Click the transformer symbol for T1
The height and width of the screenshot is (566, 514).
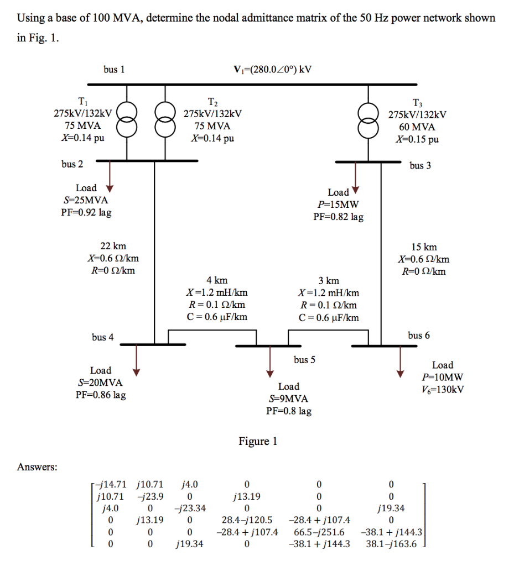pos(128,120)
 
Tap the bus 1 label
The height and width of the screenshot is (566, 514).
pos(114,69)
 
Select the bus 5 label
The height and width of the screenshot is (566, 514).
pos(304,360)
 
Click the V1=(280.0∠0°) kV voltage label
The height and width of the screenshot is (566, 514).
pos(273,69)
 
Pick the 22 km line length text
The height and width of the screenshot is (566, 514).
pos(113,246)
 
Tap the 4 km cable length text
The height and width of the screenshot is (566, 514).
pos(217,281)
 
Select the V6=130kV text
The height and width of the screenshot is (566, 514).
pos(442,389)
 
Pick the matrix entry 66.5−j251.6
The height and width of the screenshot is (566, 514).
pos(319,532)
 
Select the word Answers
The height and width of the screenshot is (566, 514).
pos(37,467)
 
